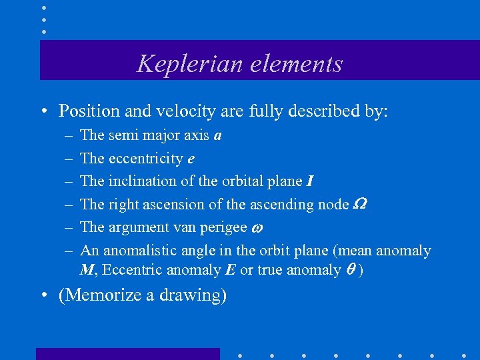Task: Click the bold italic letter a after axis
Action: [x=217, y=136]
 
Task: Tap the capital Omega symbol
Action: [x=358, y=204]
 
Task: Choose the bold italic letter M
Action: [x=86, y=269]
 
